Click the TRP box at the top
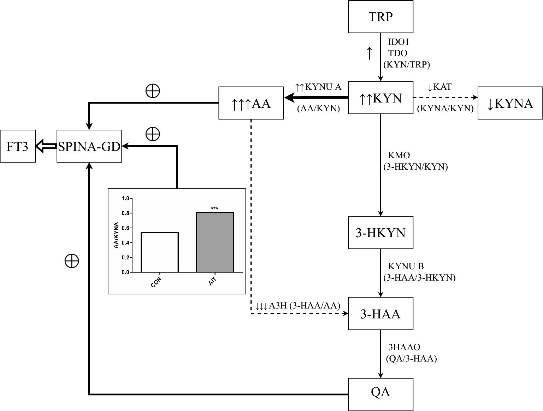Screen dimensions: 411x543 click(x=380, y=17)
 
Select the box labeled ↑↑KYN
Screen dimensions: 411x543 click(x=380, y=98)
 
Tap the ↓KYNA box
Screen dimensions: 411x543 click(x=510, y=103)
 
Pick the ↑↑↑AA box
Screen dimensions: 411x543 click(x=251, y=103)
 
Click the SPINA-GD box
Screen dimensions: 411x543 click(x=89, y=146)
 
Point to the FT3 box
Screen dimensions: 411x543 click(x=17, y=146)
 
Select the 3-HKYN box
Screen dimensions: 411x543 click(x=380, y=233)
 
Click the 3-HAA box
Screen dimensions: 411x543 click(x=380, y=314)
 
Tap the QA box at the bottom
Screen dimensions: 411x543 click(x=380, y=392)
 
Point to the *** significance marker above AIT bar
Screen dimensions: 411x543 click(x=214, y=209)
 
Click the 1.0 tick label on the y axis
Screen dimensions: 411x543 click(x=125, y=198)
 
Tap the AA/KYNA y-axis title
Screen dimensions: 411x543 click(x=116, y=235)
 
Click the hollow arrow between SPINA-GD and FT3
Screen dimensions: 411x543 click(x=46, y=146)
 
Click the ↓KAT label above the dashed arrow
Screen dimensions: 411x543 click(x=439, y=87)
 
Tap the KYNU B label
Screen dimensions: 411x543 click(x=406, y=266)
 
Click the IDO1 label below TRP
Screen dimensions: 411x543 click(x=399, y=42)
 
